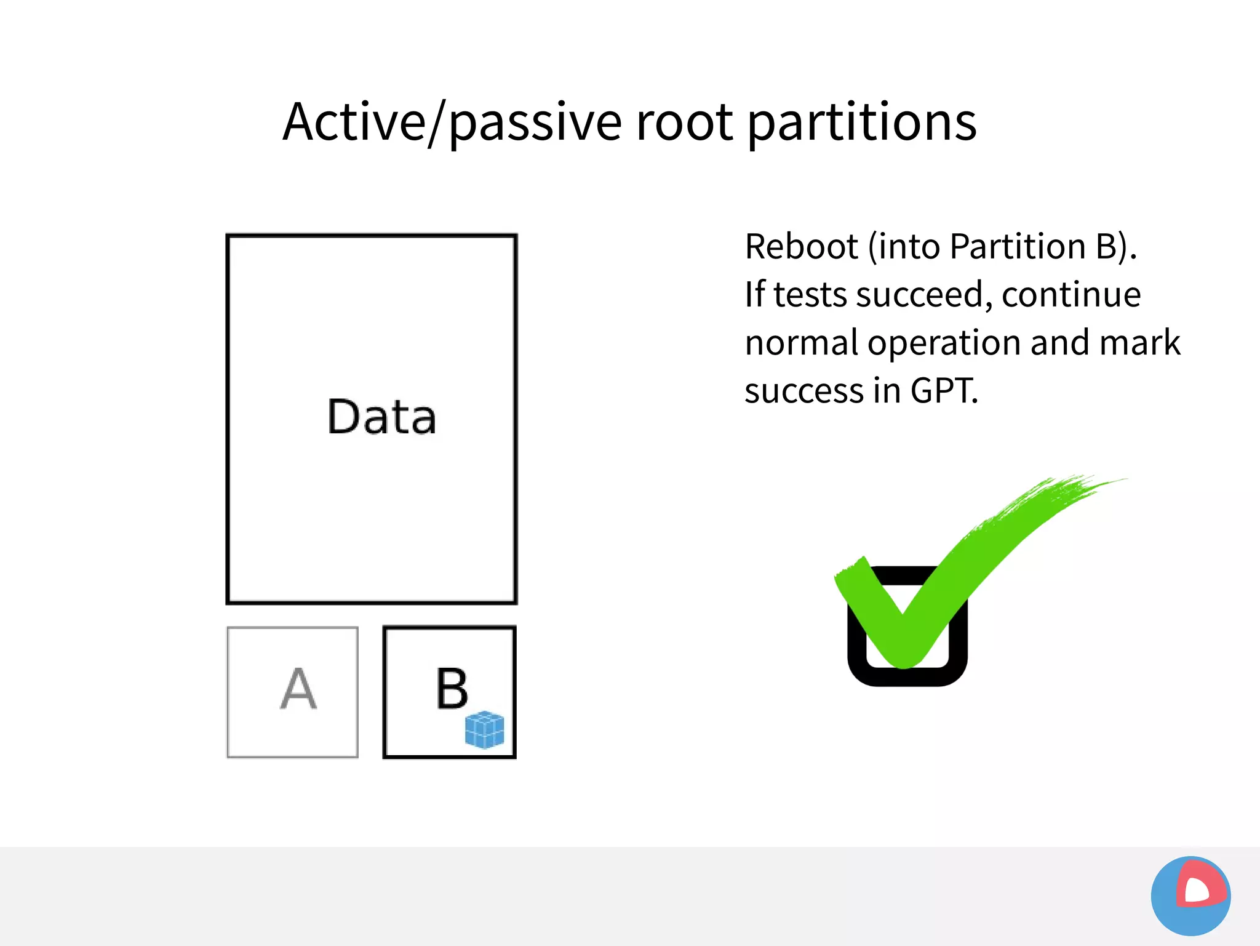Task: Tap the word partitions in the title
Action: [x=861, y=122]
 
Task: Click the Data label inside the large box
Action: [x=381, y=417]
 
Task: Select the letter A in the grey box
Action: [x=298, y=689]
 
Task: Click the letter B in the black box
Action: [x=452, y=689]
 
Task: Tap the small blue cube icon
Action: [x=485, y=729]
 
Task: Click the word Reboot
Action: [x=801, y=247]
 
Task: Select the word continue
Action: [x=1071, y=295]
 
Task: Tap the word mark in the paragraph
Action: [x=1139, y=343]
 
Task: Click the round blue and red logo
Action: [x=1190, y=896]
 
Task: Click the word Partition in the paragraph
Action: [x=1018, y=247]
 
